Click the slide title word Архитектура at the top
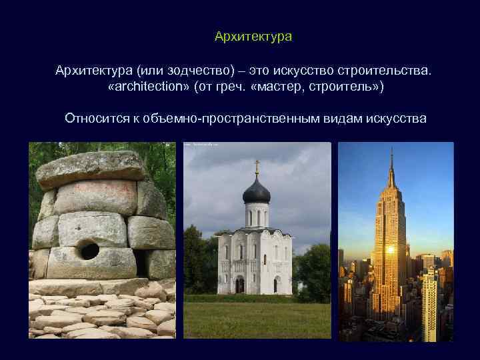click(253, 36)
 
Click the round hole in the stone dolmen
click(89, 251)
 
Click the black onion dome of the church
click(257, 191)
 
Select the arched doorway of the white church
click(239, 285)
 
